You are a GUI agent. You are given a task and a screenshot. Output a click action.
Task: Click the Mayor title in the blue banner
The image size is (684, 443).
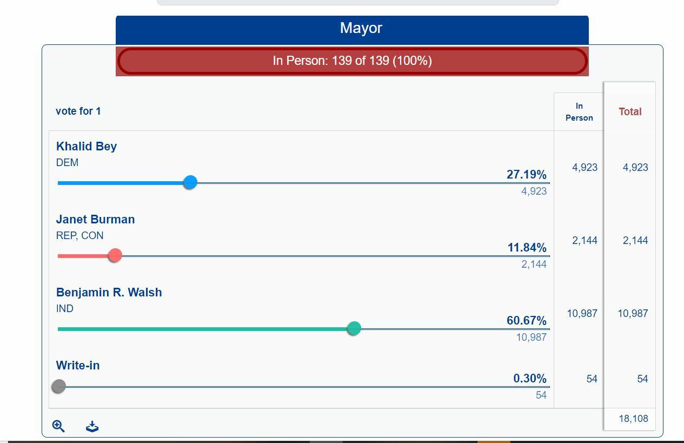pos(361,28)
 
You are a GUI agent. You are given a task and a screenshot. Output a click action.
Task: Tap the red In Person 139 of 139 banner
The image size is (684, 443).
pos(352,61)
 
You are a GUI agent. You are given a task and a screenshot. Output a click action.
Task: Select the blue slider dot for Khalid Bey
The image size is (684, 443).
pos(190,182)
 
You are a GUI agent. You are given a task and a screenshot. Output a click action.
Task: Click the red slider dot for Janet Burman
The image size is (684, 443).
pos(115,255)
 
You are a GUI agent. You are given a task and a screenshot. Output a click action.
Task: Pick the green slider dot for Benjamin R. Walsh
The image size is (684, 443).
pos(354,328)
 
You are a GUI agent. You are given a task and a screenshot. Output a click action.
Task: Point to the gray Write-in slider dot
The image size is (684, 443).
pos(59,386)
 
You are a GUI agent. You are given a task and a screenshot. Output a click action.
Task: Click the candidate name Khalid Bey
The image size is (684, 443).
pos(87,147)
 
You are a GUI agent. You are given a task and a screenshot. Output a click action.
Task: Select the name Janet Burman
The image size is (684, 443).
pos(95,220)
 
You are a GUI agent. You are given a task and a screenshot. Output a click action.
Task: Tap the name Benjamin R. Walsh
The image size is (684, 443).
pos(109,293)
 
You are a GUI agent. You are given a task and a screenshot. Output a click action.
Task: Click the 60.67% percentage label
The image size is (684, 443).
pos(526,321)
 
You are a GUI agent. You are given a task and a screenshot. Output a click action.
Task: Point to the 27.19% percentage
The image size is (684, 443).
pos(526,175)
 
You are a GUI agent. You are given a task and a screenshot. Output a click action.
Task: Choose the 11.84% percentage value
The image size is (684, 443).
pos(527,248)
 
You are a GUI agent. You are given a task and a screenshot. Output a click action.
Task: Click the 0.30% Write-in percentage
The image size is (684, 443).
pos(529,379)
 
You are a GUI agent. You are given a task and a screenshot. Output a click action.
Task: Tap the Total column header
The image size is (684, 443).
pos(630,112)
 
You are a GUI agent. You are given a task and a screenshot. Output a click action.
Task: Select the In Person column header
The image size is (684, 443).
pos(579,112)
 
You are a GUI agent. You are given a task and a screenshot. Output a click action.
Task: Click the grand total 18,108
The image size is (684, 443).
pos(633,419)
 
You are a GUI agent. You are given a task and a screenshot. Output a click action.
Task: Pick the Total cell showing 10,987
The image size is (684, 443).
pos(633,314)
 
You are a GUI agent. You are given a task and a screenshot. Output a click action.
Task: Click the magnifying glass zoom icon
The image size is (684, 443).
pos(58,426)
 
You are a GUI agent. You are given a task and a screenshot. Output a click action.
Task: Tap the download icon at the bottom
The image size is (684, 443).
pos(92,427)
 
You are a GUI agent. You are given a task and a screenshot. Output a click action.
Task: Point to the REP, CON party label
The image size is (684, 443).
pos(79,236)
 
